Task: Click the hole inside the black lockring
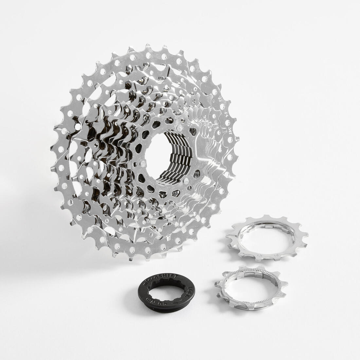pyautogui.click(x=167, y=290)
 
